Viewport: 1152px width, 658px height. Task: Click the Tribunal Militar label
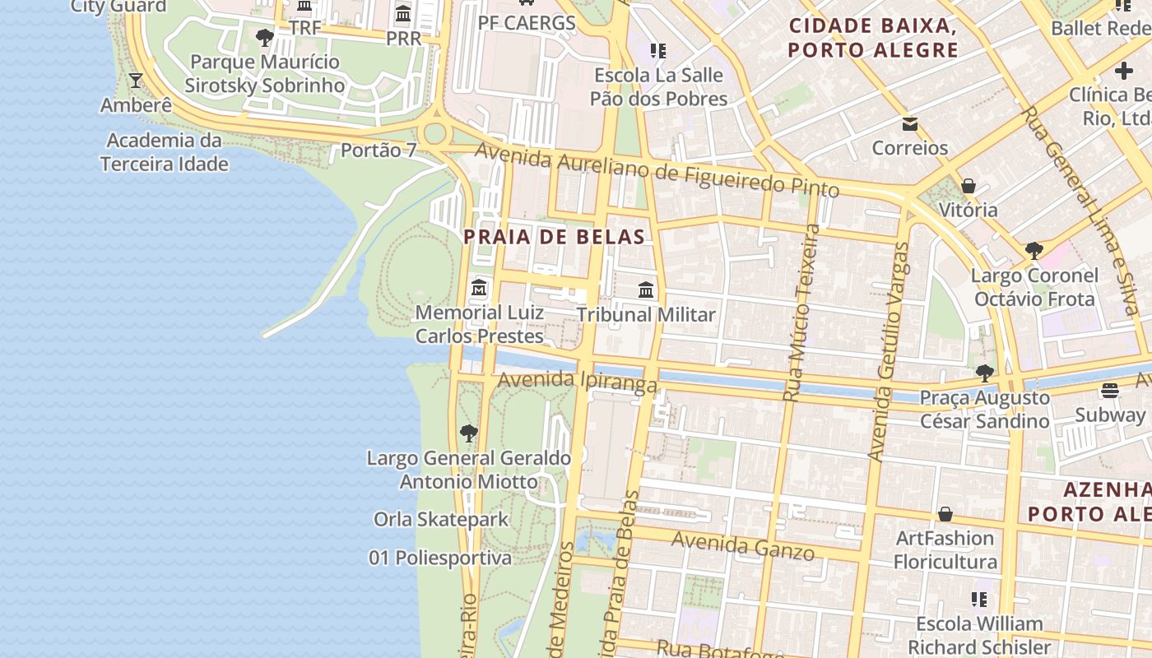(646, 315)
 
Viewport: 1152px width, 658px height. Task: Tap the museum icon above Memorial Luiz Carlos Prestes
(479, 289)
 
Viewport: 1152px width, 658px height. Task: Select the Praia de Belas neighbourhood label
(554, 237)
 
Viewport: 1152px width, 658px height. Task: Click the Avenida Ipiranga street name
(578, 382)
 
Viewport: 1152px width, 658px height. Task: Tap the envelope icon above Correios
(910, 124)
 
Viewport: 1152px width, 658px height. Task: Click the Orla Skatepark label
(442, 520)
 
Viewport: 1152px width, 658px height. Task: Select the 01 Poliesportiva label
(440, 558)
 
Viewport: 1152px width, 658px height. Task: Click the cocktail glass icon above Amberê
(136, 81)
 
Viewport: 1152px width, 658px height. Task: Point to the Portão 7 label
(379, 151)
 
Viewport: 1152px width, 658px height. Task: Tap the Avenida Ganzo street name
(743, 545)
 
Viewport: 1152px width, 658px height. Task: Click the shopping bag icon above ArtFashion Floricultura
(945, 514)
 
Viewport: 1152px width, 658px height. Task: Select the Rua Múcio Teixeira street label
(802, 313)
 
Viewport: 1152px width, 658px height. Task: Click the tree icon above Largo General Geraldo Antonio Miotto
(469, 433)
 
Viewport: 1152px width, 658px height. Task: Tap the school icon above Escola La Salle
(657, 51)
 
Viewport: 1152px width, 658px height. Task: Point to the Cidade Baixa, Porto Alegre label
(873, 37)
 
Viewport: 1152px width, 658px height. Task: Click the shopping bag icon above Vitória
(969, 186)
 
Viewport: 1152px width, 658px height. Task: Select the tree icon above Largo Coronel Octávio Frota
(1034, 250)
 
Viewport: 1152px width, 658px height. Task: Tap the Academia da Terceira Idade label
(165, 152)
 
